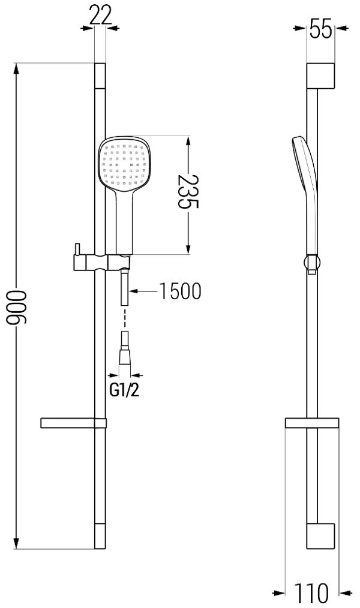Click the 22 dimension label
point(100,15)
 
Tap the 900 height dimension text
point(17,307)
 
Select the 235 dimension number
point(188,191)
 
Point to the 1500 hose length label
point(181,291)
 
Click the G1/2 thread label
point(124,390)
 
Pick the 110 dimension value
point(311,592)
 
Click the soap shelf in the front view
point(73,423)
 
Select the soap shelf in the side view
point(312,423)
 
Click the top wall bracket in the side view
point(320,76)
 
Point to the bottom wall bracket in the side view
point(320,536)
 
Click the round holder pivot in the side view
point(312,263)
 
